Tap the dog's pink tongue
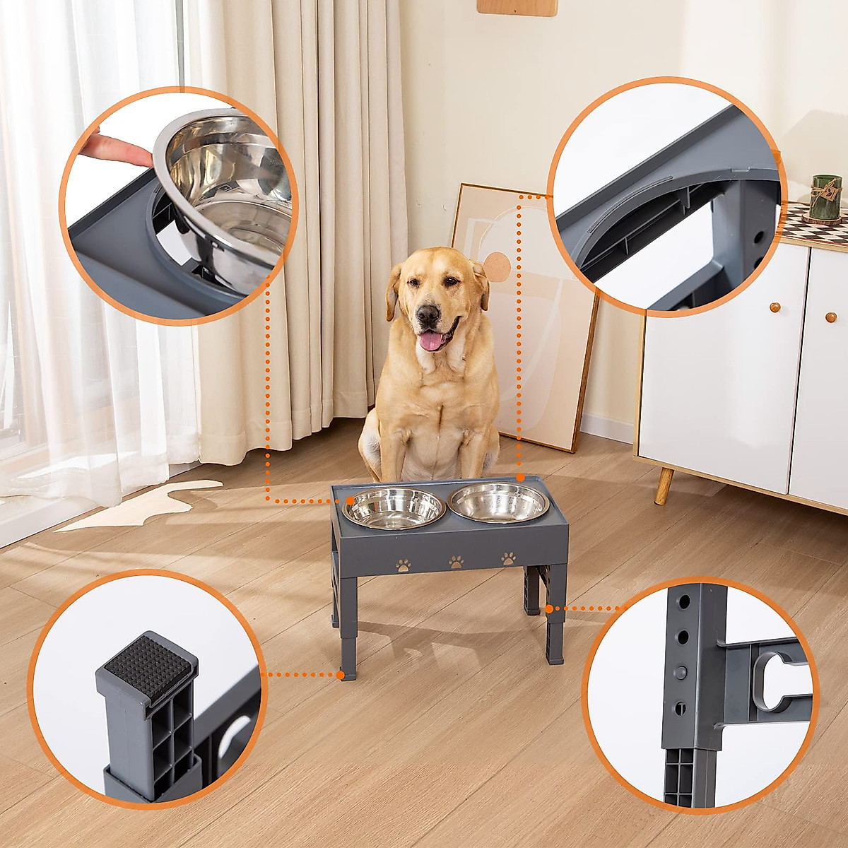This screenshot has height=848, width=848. [x=430, y=341]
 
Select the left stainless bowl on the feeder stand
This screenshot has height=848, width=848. [x=393, y=507]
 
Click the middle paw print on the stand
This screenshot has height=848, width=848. [x=457, y=563]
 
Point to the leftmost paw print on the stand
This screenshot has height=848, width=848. [x=404, y=565]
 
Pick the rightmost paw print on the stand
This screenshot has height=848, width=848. [x=508, y=559]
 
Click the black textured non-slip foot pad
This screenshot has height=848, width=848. [x=146, y=665]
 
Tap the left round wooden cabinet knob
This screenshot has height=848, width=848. [x=775, y=307]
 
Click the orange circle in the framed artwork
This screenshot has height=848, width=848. [x=497, y=266]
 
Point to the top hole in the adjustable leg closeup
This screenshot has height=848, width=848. [x=683, y=603]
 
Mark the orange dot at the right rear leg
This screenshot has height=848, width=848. [x=549, y=608]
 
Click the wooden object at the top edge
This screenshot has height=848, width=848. [x=517, y=7]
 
